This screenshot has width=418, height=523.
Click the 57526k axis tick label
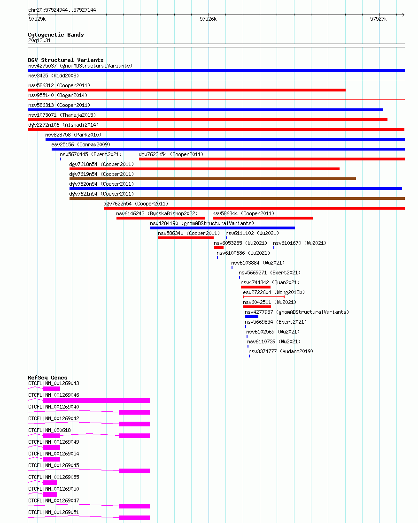208,19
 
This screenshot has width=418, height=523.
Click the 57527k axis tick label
379,19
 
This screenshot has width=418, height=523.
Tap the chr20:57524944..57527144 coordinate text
62,10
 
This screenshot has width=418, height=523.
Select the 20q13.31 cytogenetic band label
39,40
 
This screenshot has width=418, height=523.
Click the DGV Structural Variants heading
66,60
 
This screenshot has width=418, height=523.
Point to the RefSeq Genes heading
48,378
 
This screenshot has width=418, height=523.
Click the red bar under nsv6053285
219,248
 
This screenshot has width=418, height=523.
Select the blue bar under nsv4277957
252,317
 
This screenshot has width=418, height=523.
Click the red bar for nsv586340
186,238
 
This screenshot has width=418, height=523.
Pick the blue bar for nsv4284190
223,228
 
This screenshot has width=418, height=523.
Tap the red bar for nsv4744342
256,287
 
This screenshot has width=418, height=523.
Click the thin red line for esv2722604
264,297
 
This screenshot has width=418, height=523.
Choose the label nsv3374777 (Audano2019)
281,351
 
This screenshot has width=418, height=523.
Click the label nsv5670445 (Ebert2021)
91,154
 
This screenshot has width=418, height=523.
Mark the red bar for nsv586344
263,218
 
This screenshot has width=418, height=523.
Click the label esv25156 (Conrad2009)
81,144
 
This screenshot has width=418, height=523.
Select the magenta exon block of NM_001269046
96,401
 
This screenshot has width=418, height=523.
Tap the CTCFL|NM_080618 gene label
49,430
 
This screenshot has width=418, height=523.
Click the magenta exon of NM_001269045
134,471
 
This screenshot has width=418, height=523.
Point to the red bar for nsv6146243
161,218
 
